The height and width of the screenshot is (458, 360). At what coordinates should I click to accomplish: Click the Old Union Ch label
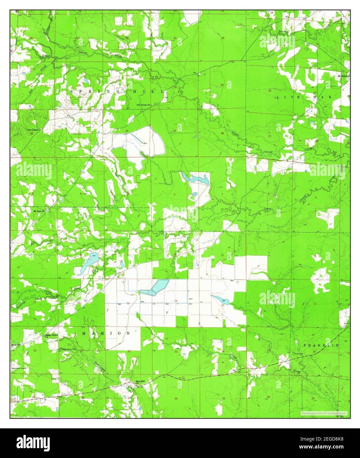143,105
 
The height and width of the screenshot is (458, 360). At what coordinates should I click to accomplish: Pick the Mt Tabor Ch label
344,76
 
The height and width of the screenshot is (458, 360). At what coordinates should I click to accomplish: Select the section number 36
222,133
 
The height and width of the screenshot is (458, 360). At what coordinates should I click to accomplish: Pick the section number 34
127,131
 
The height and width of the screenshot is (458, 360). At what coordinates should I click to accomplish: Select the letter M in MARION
84,333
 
